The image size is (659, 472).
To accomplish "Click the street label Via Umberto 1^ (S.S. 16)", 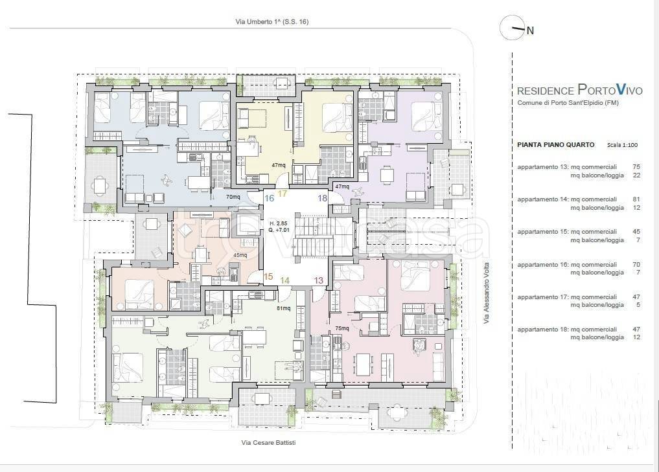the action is click(272, 22).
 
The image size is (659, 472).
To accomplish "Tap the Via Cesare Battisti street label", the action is click(268, 442).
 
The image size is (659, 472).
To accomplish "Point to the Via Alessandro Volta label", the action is click(486, 293).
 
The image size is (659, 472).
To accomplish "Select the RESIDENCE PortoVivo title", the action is click(579, 89).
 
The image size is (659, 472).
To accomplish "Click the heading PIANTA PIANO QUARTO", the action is click(555, 145).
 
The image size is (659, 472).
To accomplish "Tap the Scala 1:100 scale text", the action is click(622, 145).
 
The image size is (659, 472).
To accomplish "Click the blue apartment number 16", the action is click(269, 197).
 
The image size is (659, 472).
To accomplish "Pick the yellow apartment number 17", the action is click(283, 194).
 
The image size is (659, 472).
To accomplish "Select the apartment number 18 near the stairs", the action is click(322, 197).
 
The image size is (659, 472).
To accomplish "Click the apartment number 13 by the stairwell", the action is click(319, 280).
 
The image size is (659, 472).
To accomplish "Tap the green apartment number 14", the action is click(285, 280).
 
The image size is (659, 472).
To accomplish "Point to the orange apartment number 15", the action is click(268, 276).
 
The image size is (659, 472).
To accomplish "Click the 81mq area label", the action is click(283, 308).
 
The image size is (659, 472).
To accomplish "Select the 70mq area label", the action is click(233, 197).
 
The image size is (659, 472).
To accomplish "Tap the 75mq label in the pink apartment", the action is click(342, 328).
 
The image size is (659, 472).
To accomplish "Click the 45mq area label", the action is click(240, 255).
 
